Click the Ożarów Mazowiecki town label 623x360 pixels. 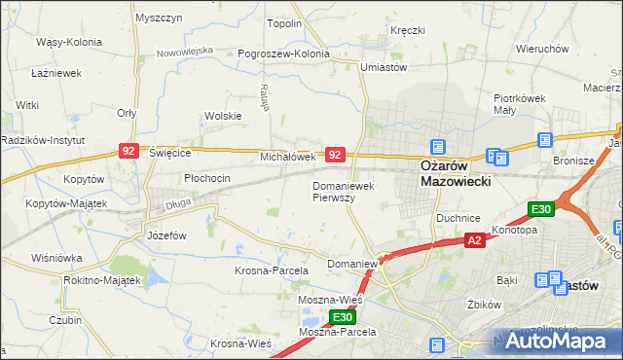[x=455, y=173]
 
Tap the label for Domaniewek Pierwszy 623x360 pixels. [x=348, y=191]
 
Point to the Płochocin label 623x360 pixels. [x=206, y=178]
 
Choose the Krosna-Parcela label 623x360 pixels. [x=272, y=270]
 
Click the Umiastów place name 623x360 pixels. [x=383, y=66]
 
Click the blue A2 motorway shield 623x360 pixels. [x=474, y=239]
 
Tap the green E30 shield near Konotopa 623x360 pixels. [x=541, y=209]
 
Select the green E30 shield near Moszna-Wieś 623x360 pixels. [x=342, y=317]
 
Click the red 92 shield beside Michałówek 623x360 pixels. [x=334, y=155]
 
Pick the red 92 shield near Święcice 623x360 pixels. [x=128, y=150]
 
